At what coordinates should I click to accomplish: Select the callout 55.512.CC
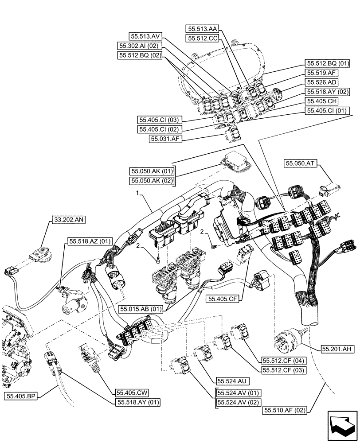click(203, 39)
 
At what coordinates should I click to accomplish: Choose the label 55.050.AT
click(300, 163)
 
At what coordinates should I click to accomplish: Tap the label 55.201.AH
click(336, 350)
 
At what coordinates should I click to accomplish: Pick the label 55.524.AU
click(231, 381)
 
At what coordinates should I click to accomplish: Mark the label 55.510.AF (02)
click(285, 411)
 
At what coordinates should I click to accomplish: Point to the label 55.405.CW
click(132, 392)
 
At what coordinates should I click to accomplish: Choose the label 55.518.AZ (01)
click(90, 241)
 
